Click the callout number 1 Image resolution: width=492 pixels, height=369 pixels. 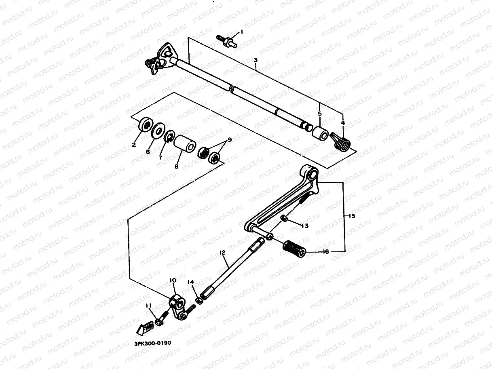click(x=241, y=32)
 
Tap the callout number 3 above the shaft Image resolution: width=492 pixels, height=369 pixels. click(x=256, y=60)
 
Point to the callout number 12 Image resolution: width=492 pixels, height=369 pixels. click(x=222, y=253)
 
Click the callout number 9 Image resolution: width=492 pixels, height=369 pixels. click(x=229, y=140)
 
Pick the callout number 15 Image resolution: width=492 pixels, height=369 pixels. click(x=352, y=216)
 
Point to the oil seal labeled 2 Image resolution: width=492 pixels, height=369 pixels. click(x=145, y=125)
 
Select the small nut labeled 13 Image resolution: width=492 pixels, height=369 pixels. click(x=284, y=219)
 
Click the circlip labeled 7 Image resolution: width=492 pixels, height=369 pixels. click(x=170, y=135)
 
